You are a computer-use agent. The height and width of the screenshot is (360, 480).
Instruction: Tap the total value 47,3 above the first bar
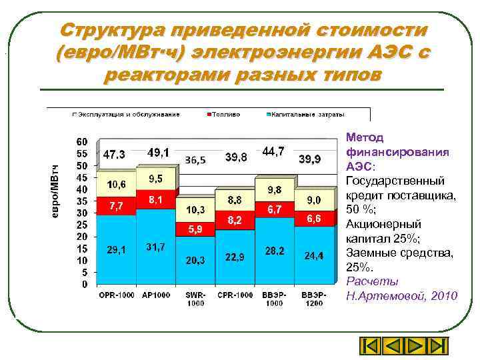[x=114, y=154]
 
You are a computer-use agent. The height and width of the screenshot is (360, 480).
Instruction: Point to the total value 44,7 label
[x=273, y=152]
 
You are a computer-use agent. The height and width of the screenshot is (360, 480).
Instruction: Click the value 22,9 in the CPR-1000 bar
[x=236, y=257]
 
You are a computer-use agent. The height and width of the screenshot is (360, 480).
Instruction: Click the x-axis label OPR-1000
[x=115, y=295]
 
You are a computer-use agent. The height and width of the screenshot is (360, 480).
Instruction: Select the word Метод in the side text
[x=365, y=137]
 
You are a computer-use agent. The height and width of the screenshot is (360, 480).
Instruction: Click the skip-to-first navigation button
[x=369, y=346]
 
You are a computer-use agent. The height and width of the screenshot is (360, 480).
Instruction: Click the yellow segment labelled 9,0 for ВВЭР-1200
[x=313, y=199]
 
